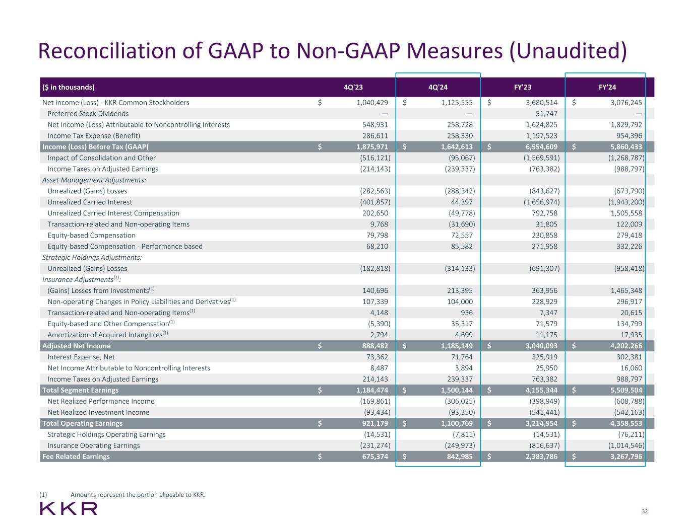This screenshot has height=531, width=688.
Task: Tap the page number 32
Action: (x=645, y=511)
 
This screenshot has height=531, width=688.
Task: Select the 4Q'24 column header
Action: (x=437, y=87)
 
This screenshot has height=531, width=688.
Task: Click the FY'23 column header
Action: (x=522, y=87)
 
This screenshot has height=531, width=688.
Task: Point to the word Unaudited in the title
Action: (x=568, y=52)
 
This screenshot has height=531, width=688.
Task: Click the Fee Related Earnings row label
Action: (x=76, y=457)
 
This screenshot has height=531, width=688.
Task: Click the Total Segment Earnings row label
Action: (x=80, y=390)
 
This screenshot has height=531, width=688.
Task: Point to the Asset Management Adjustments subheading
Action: (x=94, y=180)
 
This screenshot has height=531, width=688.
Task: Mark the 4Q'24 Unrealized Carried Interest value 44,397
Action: (x=461, y=202)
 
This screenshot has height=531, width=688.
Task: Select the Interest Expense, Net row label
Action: (x=81, y=357)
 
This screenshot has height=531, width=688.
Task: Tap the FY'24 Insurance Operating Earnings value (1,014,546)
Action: (x=623, y=445)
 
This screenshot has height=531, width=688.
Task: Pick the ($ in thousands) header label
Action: (x=68, y=87)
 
